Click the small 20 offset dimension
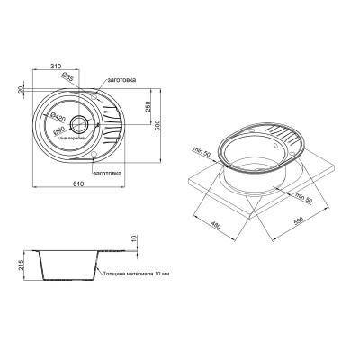(x=18, y=89)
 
